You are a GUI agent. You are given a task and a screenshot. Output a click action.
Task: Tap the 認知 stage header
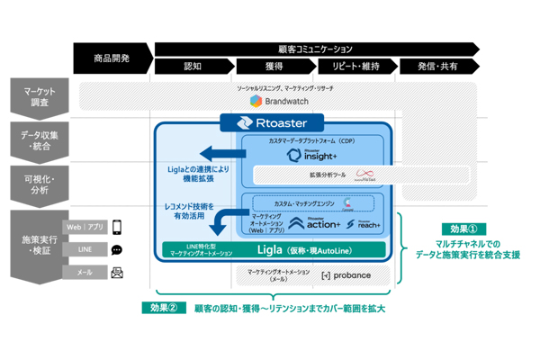click(193, 67)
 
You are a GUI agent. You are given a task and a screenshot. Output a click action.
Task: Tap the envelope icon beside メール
click(117, 272)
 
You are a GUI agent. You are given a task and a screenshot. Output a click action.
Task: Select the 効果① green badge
click(468, 229)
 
